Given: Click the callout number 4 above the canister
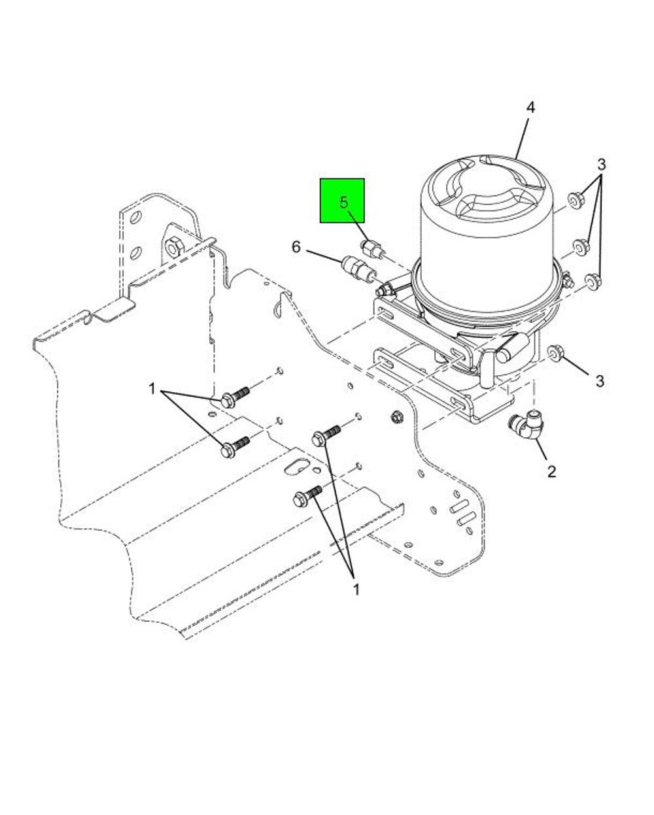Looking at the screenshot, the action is click(x=530, y=108).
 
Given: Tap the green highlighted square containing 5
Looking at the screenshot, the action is click(x=342, y=201).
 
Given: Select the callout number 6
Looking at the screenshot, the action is click(x=296, y=248).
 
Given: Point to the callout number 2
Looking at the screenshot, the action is click(x=551, y=471).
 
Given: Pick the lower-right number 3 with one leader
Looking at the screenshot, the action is click(x=600, y=381).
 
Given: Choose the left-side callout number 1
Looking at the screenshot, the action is click(x=152, y=389).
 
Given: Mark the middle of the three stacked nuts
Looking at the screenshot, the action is click(x=579, y=246).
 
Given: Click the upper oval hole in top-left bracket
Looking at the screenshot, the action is click(x=135, y=217).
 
